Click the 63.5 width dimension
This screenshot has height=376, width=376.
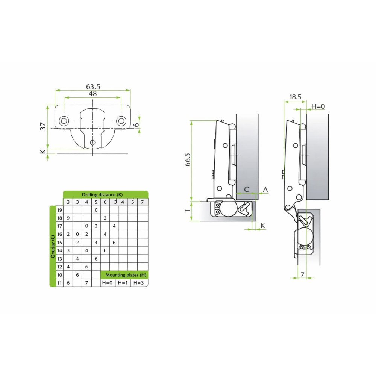coord(93,86)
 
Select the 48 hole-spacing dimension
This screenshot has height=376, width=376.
coord(93,94)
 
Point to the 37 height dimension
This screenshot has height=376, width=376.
coord(43,126)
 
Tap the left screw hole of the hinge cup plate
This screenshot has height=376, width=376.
coord(64,121)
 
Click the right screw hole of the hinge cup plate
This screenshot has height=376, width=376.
coord(121,121)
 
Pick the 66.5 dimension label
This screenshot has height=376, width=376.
coord(188,159)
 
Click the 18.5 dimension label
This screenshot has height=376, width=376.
coord(295,97)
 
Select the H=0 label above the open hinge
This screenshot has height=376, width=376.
coord(318,106)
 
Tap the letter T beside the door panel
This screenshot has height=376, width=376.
coord(187,211)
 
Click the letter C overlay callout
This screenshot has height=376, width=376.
coord(246,190)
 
